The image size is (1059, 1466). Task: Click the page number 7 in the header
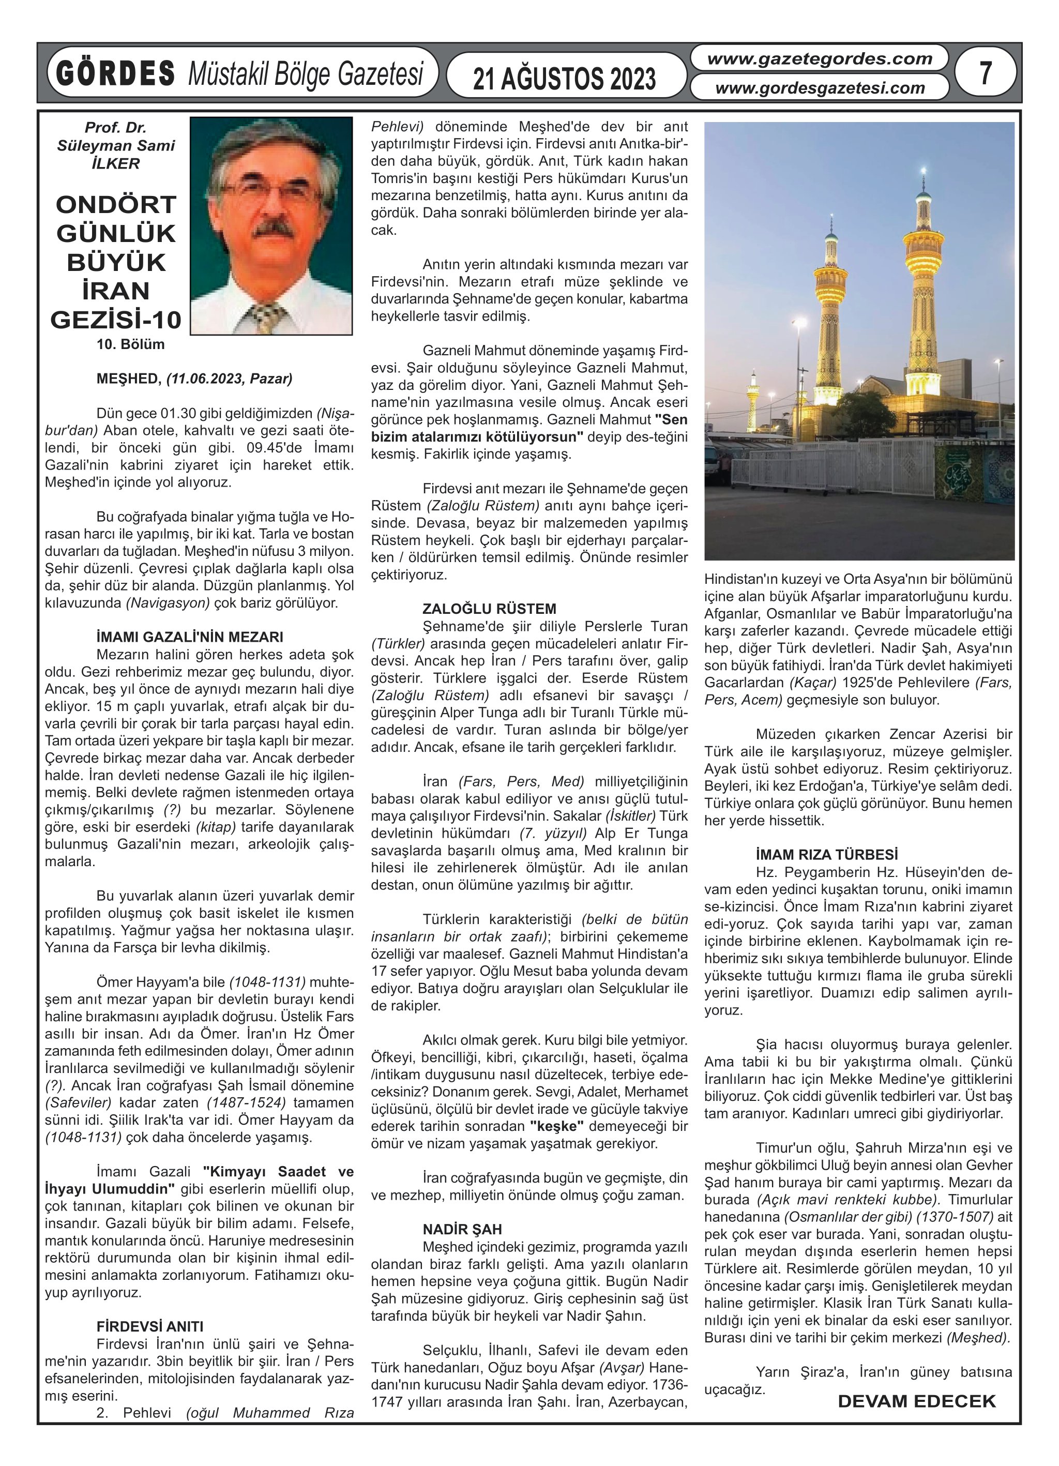coord(985,72)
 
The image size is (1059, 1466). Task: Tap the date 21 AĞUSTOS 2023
coord(565,79)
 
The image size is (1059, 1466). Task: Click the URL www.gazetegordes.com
coord(820,59)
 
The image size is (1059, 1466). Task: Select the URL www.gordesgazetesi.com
coord(820,88)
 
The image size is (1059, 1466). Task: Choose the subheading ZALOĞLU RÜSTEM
coord(489,609)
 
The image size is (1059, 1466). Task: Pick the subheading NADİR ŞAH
coord(462,1230)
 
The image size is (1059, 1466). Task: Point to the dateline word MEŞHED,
coord(129,379)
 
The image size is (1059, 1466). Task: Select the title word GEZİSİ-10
coord(116,320)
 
